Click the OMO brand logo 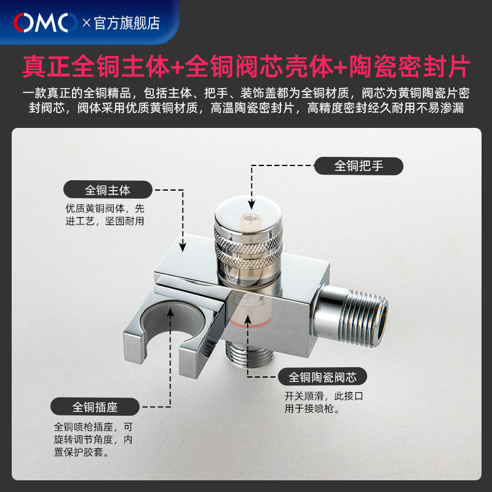click(x=45, y=23)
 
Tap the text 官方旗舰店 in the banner click(x=127, y=23)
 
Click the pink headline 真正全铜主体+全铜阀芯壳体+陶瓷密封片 click(x=247, y=66)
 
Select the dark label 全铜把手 click(x=359, y=166)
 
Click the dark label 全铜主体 click(x=108, y=189)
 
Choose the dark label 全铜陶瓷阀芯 click(x=322, y=376)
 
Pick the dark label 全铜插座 click(x=95, y=407)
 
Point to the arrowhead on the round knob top click(x=252, y=205)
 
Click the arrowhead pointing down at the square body click(x=183, y=247)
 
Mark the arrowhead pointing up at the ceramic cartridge click(x=248, y=319)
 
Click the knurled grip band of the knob click(x=248, y=248)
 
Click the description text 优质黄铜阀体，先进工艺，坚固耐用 click(x=105, y=215)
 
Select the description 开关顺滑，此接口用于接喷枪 click(x=324, y=402)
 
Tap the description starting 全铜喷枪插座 click(x=93, y=439)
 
